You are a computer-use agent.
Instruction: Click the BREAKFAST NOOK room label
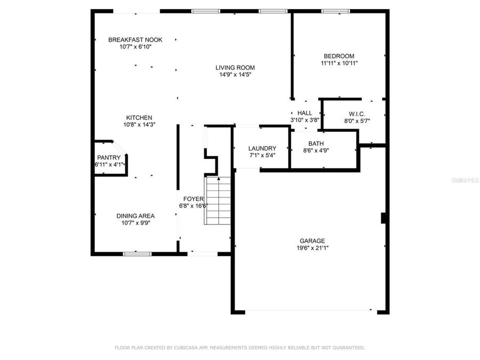pyautogui.click(x=135, y=39)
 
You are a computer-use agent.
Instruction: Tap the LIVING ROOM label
pyautogui.click(x=235, y=67)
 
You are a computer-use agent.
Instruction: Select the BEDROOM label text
pyautogui.click(x=339, y=56)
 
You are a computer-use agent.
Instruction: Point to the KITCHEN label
pyautogui.click(x=139, y=118)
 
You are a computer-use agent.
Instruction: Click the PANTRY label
pyautogui.click(x=109, y=157)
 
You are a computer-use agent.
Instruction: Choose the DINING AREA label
pyautogui.click(x=135, y=216)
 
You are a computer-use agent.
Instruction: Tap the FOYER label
pyautogui.click(x=193, y=199)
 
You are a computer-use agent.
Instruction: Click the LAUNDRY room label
pyautogui.click(x=262, y=148)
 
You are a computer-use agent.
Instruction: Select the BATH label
pyautogui.click(x=316, y=143)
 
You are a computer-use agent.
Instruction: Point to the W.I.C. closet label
pyautogui.click(x=357, y=114)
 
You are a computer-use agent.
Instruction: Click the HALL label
pyautogui.click(x=305, y=113)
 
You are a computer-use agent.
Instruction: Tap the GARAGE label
pyautogui.click(x=312, y=241)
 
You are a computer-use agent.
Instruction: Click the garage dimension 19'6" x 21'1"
pyautogui.click(x=312, y=248)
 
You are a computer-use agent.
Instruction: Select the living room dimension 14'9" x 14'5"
pyautogui.click(x=235, y=75)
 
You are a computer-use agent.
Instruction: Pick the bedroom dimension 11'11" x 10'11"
pyautogui.click(x=339, y=63)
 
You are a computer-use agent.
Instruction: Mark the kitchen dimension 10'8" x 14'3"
pyautogui.click(x=139, y=125)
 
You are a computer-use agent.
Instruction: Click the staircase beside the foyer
pyautogui.click(x=218, y=201)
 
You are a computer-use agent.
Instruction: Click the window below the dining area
pyautogui.click(x=137, y=254)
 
